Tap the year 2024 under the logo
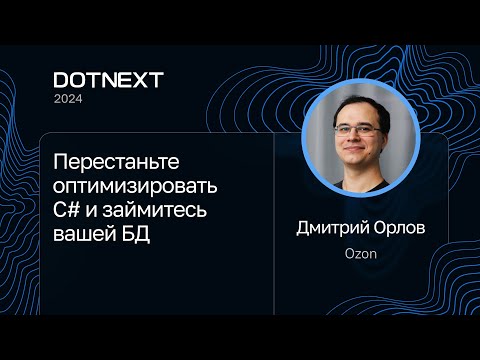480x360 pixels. point(69,99)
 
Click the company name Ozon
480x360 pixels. point(360,255)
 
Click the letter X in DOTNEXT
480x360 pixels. point(135,80)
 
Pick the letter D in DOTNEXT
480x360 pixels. point(61,80)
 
